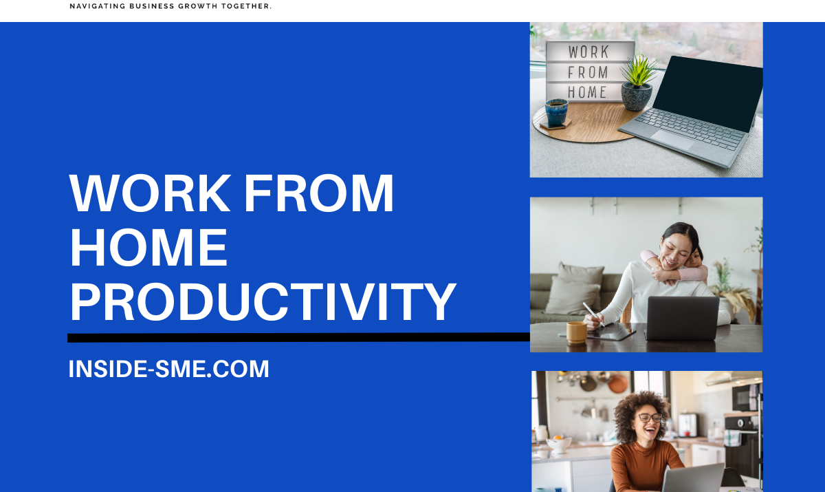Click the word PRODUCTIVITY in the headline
tap(263, 302)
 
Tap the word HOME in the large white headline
tap(148, 248)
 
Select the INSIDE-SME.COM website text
tap(168, 369)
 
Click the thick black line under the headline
tap(298, 338)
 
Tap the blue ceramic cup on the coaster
tap(556, 113)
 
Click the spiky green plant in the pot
tap(639, 71)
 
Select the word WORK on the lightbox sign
tap(588, 52)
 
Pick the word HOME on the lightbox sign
tap(587, 92)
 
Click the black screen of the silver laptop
tap(707, 94)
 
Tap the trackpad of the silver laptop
tap(672, 139)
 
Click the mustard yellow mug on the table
tap(577, 332)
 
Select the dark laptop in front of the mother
tap(682, 319)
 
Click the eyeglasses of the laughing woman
tap(650, 418)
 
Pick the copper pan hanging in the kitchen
tap(617, 384)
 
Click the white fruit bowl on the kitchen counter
tap(559, 444)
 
